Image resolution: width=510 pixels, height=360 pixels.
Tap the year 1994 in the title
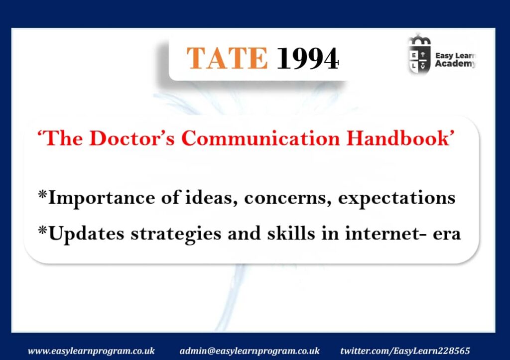pos(308,59)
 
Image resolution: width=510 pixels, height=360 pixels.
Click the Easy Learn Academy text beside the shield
pos(456,60)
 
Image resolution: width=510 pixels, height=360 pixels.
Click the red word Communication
pos(260,138)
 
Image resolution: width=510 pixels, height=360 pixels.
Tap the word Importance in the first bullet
pos(101,198)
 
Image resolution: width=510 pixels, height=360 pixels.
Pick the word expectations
pos(396,198)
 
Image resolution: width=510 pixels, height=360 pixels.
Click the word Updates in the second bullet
pos(86,234)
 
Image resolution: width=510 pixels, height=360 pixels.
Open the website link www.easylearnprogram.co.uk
pos(91,351)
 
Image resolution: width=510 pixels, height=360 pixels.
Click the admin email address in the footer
pos(250,351)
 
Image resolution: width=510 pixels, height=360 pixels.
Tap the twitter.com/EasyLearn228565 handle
pos(405,351)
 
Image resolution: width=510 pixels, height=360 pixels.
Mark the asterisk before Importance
pos(43,195)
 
